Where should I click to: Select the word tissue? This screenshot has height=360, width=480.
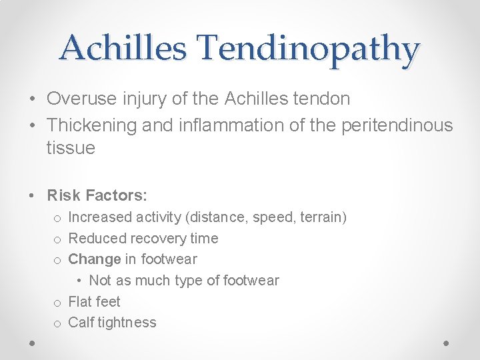pyautogui.click(x=71, y=148)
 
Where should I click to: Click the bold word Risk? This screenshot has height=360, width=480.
pyautogui.click(x=64, y=195)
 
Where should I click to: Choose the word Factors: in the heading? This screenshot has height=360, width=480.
pyautogui.click(x=117, y=195)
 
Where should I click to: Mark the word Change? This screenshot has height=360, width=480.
pyautogui.click(x=94, y=259)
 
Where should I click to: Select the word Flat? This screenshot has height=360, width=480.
pyautogui.click(x=81, y=301)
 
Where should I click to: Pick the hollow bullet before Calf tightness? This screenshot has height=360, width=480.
pyautogui.click(x=58, y=323)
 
